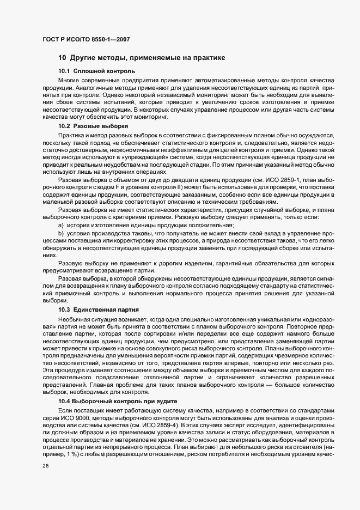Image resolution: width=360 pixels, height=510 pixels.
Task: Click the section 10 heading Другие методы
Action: pos(142,57)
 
